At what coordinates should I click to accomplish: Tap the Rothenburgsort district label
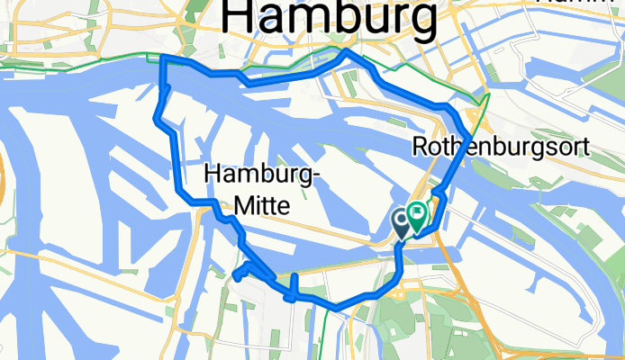pyautogui.click(x=503, y=146)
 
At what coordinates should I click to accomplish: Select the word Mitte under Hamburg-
pyautogui.click(x=261, y=206)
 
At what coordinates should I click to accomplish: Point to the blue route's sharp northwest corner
pyautogui.click(x=162, y=58)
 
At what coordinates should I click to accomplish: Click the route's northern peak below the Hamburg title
pyautogui.click(x=348, y=53)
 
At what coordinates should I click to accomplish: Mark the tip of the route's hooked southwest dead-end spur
pyautogui.click(x=235, y=276)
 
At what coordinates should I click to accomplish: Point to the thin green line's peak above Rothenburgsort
pyautogui.click(x=487, y=93)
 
